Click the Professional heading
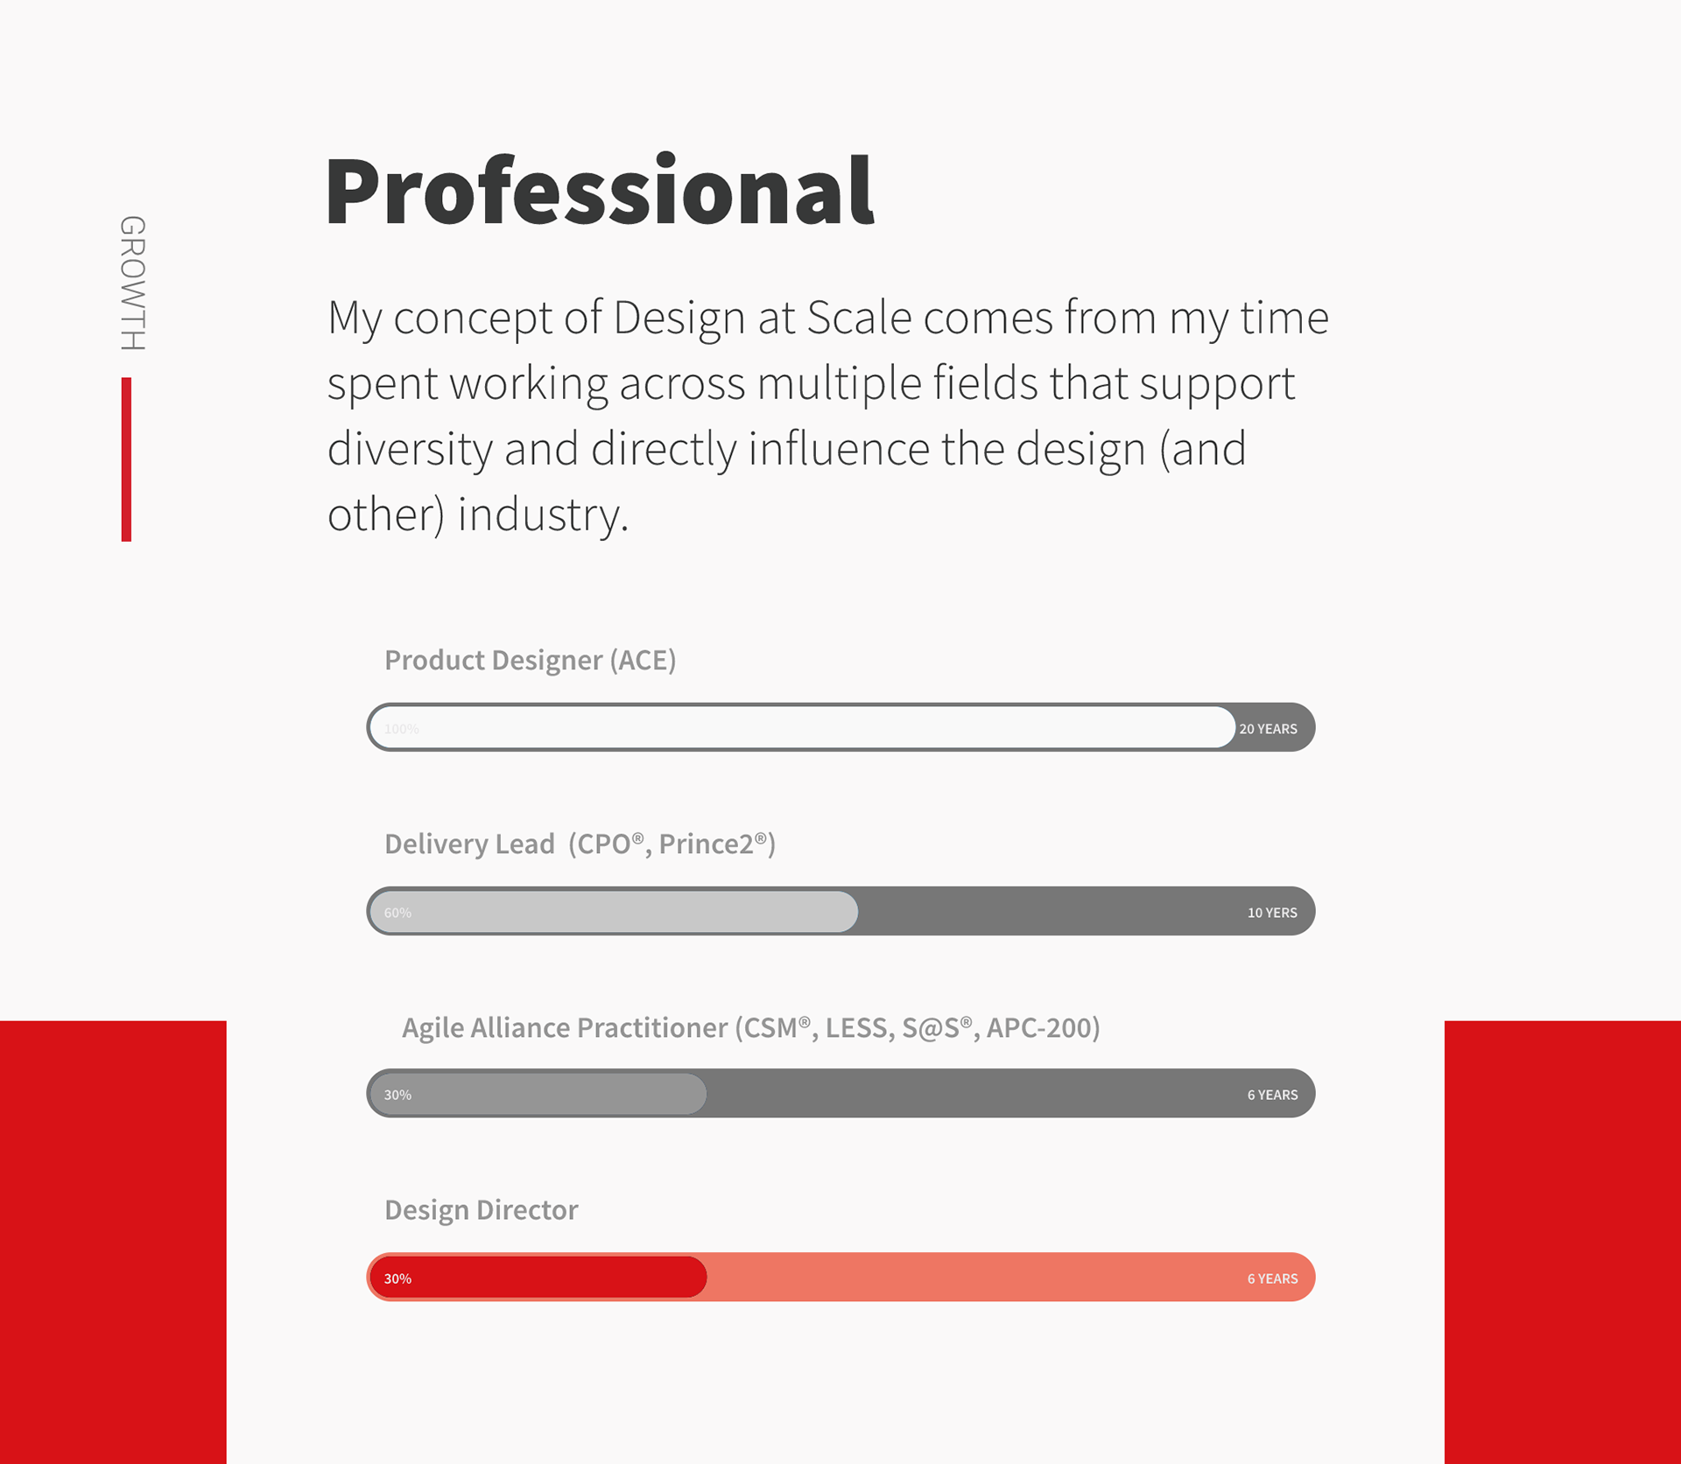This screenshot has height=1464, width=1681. click(x=600, y=192)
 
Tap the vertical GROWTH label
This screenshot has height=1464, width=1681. click(x=133, y=283)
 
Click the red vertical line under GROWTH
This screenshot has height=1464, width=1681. click(x=126, y=459)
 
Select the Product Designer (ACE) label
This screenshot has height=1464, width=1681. click(x=530, y=660)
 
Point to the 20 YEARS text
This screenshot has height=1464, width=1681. click(x=1268, y=729)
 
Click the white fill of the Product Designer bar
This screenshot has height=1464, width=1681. click(x=802, y=727)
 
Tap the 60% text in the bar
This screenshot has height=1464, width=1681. click(x=397, y=913)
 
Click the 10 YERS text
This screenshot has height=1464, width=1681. click(x=1272, y=913)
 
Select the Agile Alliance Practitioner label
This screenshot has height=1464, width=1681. click(x=750, y=1027)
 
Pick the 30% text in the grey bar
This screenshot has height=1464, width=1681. click(x=397, y=1095)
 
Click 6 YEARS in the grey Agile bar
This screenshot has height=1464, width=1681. click(x=1272, y=1095)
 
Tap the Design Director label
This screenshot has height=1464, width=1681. click(x=481, y=1209)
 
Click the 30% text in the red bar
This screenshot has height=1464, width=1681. click(x=397, y=1278)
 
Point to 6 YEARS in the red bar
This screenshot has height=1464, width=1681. click(x=1272, y=1278)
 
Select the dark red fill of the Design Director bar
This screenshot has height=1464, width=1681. click(x=538, y=1277)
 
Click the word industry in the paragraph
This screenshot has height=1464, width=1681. click(x=543, y=515)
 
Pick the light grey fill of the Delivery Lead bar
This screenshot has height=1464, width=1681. click(x=614, y=911)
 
